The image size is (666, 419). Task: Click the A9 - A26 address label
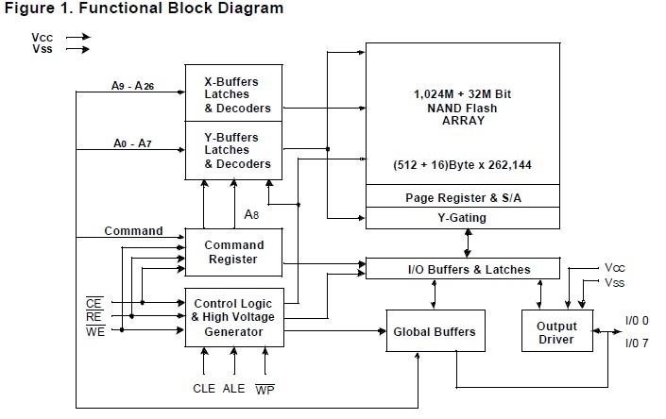tap(133, 86)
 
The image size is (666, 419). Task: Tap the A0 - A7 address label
tap(131, 142)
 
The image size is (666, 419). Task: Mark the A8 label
tap(252, 214)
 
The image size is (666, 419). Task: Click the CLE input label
tap(205, 387)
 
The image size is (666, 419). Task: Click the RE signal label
tap(94, 316)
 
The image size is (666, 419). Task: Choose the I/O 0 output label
tap(638, 321)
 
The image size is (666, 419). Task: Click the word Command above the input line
tap(133, 230)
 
